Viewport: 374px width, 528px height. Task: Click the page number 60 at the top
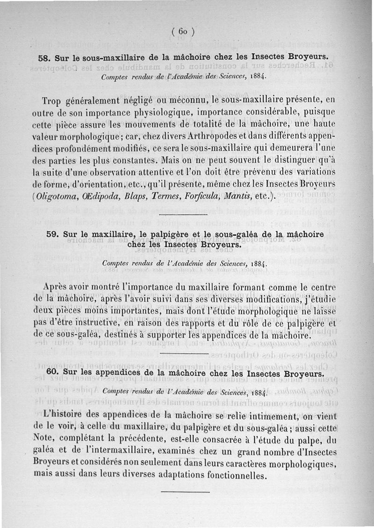(x=183, y=32)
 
